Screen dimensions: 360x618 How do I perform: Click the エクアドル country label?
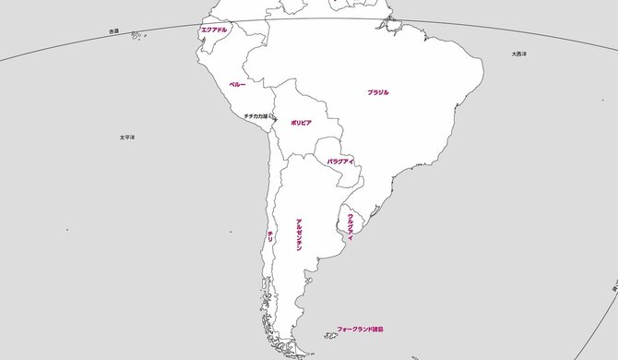213,30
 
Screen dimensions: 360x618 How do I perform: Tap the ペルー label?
237,84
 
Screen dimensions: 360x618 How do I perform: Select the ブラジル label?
378,92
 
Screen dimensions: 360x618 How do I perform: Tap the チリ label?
269,236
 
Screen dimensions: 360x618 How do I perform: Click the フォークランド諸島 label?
360,329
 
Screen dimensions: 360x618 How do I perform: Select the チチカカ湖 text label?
255,116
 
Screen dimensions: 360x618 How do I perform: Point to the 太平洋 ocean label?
127,137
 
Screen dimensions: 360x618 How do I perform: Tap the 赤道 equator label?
113,31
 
